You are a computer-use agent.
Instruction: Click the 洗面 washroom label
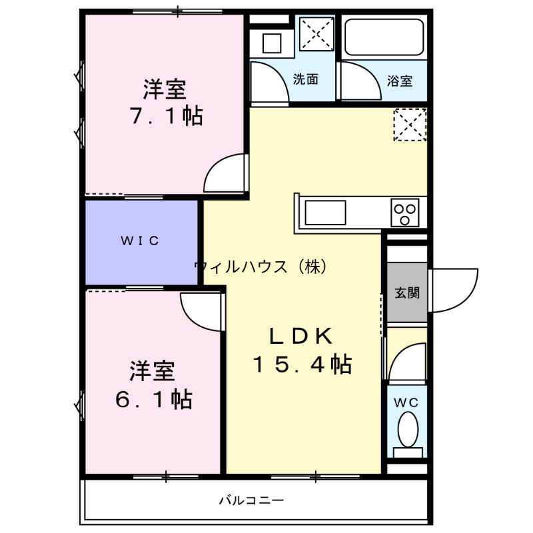pyautogui.click(x=306, y=79)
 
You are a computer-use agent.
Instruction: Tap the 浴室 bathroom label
pyautogui.click(x=400, y=81)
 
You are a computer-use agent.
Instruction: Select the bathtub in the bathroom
pyautogui.click(x=386, y=38)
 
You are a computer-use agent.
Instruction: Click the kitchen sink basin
pyautogui.click(x=325, y=214)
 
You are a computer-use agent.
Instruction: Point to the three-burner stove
pyautogui.click(x=405, y=213)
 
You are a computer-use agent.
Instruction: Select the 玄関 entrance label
pyautogui.click(x=406, y=293)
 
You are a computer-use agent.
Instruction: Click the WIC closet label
pyautogui.click(x=140, y=241)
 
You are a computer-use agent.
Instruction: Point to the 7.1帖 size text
pyautogui.click(x=166, y=117)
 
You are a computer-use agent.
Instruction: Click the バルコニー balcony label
pyautogui.click(x=251, y=500)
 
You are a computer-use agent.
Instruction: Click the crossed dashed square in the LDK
pyautogui.click(x=409, y=124)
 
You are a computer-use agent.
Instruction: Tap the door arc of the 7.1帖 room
pyautogui.click(x=225, y=175)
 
